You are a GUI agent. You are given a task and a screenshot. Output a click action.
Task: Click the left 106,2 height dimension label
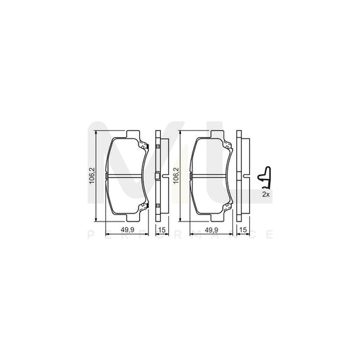click(x=93, y=177)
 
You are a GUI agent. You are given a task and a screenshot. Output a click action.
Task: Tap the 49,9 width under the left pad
click(x=128, y=230)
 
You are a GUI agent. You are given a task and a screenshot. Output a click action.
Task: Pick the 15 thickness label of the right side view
click(x=243, y=230)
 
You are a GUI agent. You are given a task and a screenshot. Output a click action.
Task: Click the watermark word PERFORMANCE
click(x=180, y=235)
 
